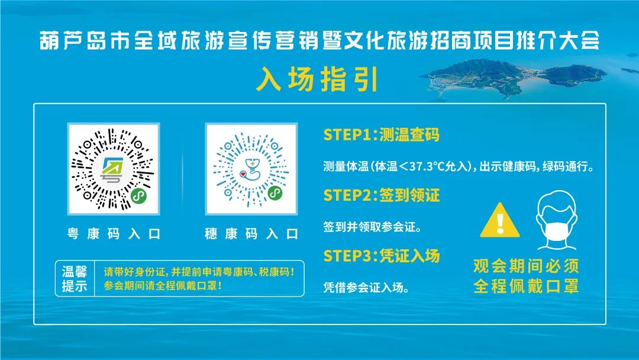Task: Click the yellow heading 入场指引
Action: click(x=318, y=79)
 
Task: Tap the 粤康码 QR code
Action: click(x=113, y=169)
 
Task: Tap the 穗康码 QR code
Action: click(x=251, y=169)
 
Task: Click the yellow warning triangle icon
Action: click(x=499, y=221)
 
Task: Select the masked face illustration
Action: click(x=556, y=220)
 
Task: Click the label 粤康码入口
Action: click(x=114, y=234)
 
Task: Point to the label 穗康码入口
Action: click(x=251, y=234)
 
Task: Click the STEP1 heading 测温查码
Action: click(x=409, y=134)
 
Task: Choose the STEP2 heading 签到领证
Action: click(x=409, y=195)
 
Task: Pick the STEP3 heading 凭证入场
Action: click(x=409, y=256)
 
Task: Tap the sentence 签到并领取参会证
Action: click(x=372, y=227)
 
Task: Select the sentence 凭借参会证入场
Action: click(x=366, y=287)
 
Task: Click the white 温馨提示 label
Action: click(x=75, y=278)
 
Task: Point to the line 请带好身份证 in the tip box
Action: click(x=199, y=272)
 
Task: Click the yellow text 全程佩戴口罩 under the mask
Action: click(x=526, y=286)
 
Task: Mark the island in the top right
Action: click(x=514, y=78)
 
